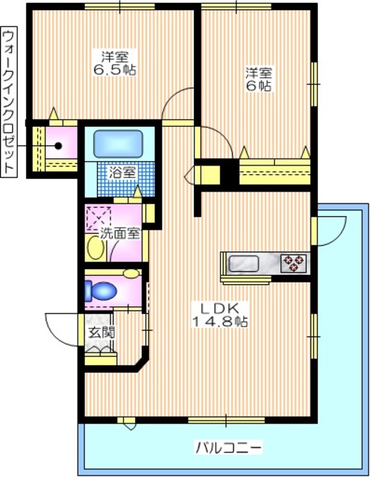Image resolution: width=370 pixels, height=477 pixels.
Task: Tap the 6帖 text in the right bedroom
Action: pyautogui.click(x=260, y=86)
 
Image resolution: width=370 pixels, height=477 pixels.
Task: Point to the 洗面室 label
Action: pyautogui.click(x=121, y=233)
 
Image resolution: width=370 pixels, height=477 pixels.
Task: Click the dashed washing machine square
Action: pyautogui.click(x=98, y=217)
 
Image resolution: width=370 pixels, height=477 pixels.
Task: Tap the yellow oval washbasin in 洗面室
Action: pyautogui.click(x=94, y=247)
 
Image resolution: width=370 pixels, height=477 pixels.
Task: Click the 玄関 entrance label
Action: pyautogui.click(x=101, y=332)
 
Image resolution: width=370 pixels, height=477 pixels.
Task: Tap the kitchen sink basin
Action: pyautogui.click(x=244, y=262)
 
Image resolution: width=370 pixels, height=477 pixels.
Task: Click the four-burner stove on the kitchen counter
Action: pyautogui.click(x=293, y=262)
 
